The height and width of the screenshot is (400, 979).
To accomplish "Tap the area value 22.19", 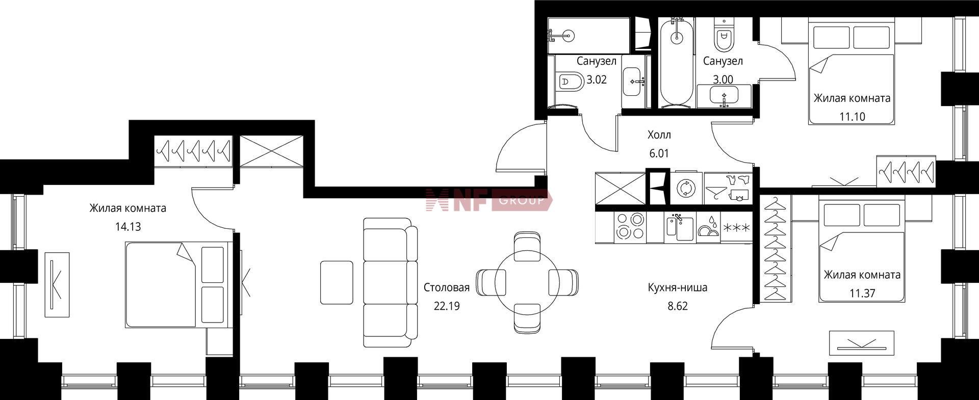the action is pyautogui.click(x=447, y=306).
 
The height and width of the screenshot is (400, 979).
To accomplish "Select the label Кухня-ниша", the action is pyautogui.click(x=677, y=287).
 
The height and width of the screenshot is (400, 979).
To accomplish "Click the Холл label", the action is pyautogui.click(x=659, y=135).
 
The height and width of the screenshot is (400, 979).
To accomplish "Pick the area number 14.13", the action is pyautogui.click(x=128, y=227).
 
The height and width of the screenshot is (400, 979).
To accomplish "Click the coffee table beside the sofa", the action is pyautogui.click(x=337, y=282).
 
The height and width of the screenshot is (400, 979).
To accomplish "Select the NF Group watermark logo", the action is pyautogui.click(x=489, y=200).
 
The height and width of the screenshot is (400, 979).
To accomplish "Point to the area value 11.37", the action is pyautogui.click(x=862, y=293).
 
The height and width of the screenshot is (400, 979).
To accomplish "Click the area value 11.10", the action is pyautogui.click(x=853, y=117).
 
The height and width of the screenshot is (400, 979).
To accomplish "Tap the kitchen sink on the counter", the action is pyautogui.click(x=680, y=227).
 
